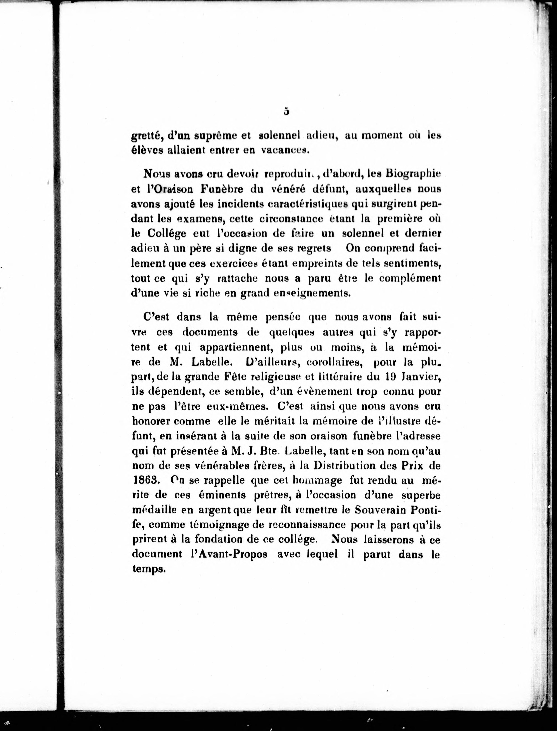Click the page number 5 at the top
(x=286, y=112)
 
